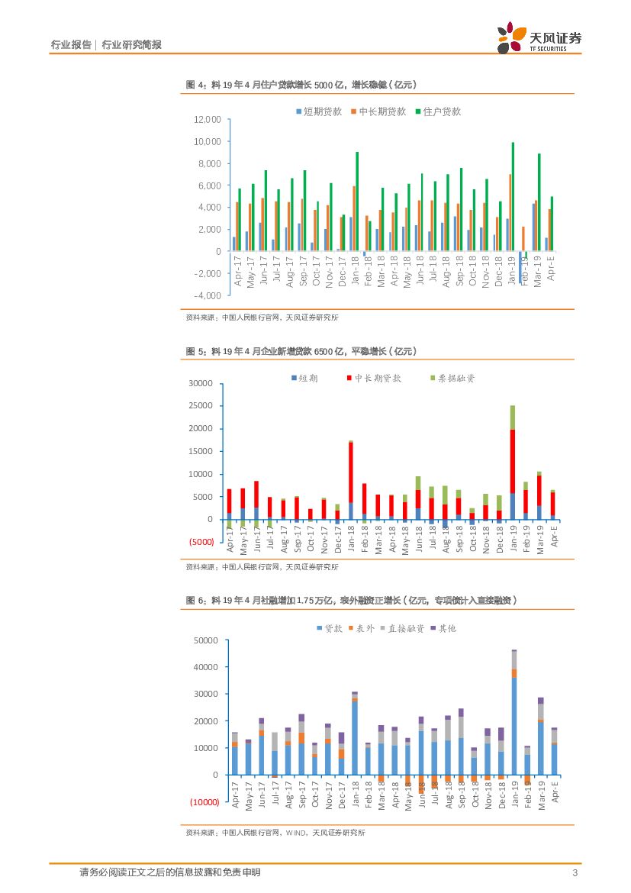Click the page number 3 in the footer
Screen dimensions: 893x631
pyautogui.click(x=574, y=873)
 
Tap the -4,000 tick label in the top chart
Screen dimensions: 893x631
pyautogui.click(x=207, y=295)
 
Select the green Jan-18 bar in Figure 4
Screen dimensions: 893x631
pyautogui.click(x=356, y=201)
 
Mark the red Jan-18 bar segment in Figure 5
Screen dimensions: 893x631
pyautogui.click(x=351, y=472)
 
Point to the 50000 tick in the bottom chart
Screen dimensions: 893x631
pyautogui.click(x=206, y=640)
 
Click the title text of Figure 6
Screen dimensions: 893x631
pyautogui.click(x=352, y=601)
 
